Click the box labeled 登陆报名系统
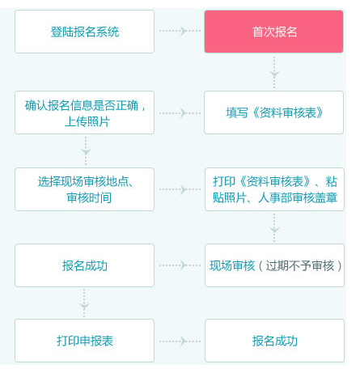84,32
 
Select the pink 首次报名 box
273,32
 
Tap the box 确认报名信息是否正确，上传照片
84,112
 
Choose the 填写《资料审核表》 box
273,112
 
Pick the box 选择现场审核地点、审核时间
84,189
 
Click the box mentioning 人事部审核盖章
274,189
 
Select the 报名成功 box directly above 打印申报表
84,265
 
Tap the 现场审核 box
274,265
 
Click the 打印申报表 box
84,341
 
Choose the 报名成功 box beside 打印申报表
274,341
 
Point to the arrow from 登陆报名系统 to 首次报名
180,31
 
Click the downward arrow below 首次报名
274,72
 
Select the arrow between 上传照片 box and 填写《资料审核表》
180,113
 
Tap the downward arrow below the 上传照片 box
86,150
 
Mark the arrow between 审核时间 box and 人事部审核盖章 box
180,189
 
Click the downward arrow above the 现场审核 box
274,228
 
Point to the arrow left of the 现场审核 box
180,265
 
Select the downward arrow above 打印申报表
84,303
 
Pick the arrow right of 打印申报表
180,341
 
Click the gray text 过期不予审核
300,265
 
